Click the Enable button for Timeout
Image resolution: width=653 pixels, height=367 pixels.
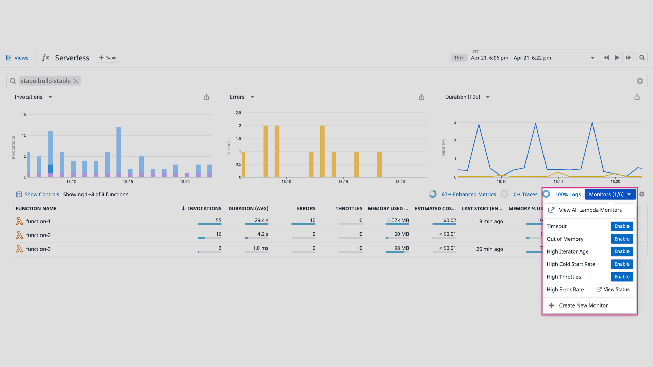pos(622,226)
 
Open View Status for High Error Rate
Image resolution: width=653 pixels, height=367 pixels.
pos(613,290)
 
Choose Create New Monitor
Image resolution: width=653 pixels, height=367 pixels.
pos(583,305)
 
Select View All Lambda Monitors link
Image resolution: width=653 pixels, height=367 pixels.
pos(590,210)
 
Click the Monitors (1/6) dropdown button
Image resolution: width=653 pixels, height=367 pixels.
pos(610,194)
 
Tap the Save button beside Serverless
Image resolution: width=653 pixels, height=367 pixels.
pos(108,58)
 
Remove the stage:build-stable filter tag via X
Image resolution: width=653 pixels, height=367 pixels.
pos(76,81)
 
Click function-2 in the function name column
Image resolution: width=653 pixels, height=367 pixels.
pos(38,235)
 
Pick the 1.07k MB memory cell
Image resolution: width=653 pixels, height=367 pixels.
pos(398,220)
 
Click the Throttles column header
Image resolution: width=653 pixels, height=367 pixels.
pos(349,209)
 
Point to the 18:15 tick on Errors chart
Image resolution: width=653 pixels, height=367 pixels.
pos(343,181)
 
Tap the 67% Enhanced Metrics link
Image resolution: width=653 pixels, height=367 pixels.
pos(468,194)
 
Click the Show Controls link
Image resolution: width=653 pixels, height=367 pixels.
pos(41,194)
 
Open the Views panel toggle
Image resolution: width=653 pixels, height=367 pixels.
pos(17,58)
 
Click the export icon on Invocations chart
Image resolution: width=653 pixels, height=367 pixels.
pos(206,97)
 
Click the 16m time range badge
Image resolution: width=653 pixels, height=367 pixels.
pos(459,58)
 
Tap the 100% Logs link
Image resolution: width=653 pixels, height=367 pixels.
pos(568,194)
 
